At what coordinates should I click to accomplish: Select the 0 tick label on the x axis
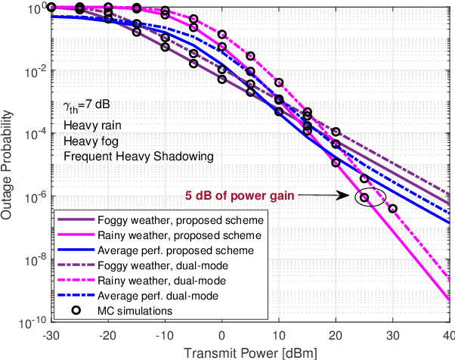(x=222, y=334)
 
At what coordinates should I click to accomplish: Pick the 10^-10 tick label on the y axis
(x=32, y=323)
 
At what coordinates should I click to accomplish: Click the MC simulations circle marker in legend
(x=74, y=311)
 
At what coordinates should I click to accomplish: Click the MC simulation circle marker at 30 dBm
(x=392, y=209)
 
